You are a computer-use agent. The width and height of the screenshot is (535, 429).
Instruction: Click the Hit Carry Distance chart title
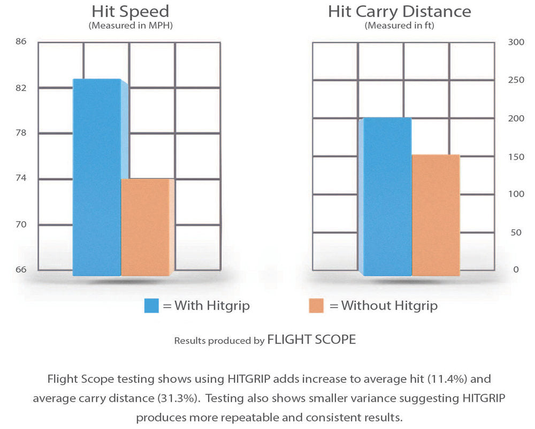(400, 11)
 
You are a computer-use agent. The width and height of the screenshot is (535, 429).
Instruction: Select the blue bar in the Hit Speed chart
(97, 177)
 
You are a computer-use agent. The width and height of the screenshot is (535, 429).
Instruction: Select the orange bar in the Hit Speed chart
(145, 227)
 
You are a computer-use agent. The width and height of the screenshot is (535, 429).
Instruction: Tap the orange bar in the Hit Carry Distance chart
(435, 215)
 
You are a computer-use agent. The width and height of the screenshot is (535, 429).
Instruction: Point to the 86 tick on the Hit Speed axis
(21, 41)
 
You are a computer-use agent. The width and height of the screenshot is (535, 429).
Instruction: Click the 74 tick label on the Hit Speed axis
(21, 178)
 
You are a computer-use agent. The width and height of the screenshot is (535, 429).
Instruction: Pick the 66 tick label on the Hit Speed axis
(21, 269)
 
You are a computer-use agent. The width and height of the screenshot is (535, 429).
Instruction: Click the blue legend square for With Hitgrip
(151, 306)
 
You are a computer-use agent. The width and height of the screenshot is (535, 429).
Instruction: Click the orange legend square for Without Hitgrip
(316, 306)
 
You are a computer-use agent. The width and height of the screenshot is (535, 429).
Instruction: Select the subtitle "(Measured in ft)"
(400, 25)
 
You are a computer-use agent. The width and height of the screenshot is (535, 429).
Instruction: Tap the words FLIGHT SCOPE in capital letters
(311, 340)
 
